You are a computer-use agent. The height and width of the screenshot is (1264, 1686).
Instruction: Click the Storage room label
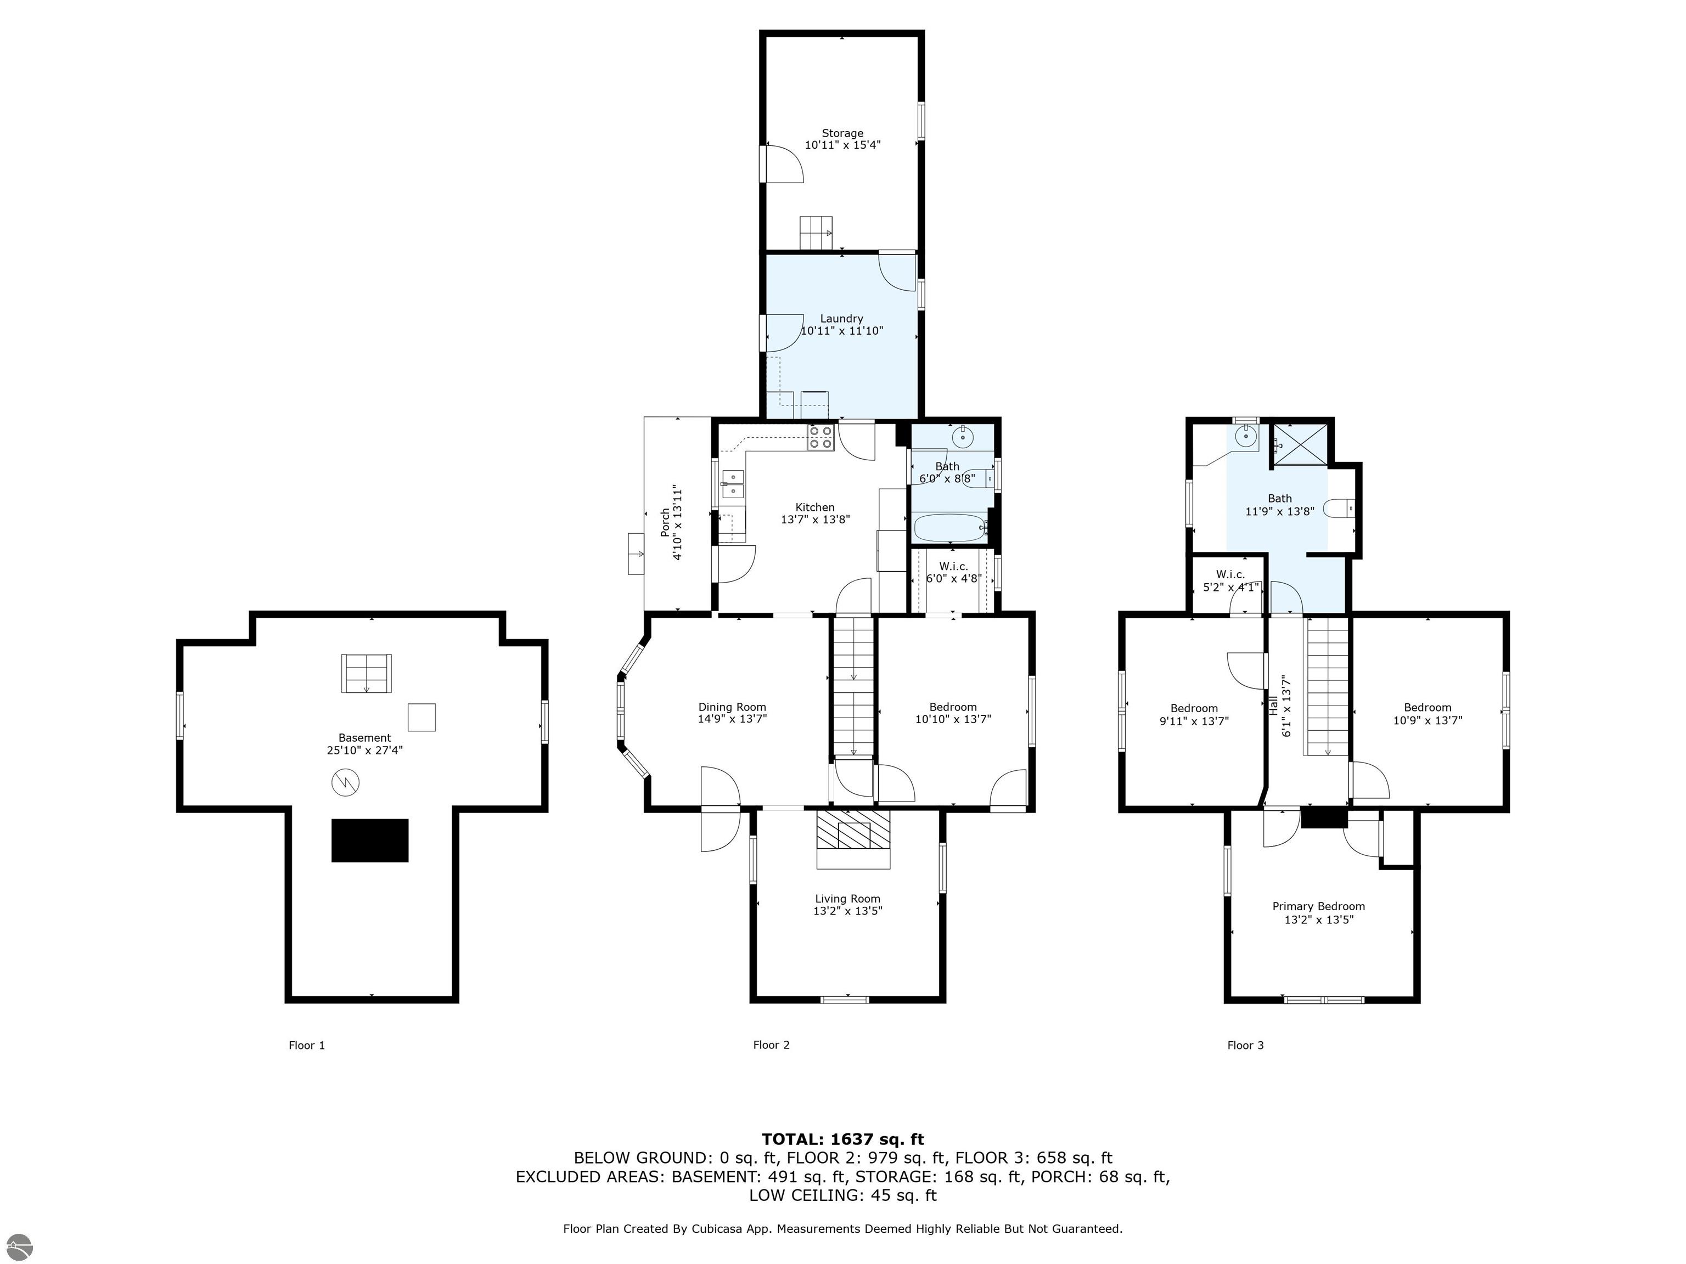842,133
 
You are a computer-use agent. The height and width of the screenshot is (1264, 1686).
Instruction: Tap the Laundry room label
841,319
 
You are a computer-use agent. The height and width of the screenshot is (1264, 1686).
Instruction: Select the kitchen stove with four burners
821,437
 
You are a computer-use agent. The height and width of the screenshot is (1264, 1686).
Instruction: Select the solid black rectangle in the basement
370,840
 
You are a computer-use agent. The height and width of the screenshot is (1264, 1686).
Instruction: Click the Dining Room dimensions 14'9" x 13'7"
733,719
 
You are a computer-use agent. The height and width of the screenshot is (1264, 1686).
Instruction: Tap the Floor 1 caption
306,1045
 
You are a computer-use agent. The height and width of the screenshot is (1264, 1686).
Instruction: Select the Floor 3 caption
1245,1045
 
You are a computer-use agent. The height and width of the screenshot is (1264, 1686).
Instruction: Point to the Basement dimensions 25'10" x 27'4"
364,750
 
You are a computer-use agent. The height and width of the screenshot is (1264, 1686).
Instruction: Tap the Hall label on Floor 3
1273,704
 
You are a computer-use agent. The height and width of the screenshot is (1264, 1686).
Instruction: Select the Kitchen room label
815,507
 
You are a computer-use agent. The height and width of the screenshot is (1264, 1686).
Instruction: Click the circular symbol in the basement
345,782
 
